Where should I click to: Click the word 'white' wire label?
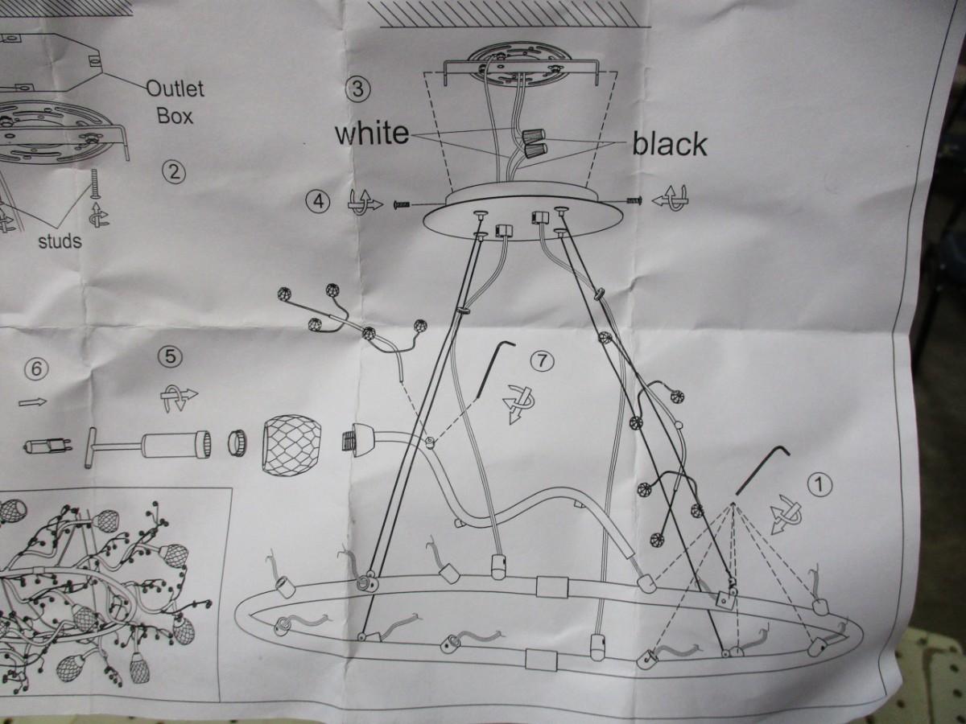coord(372,134)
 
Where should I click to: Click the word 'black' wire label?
coord(670,144)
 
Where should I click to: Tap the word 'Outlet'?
coord(175,89)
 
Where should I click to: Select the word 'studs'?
coord(60,241)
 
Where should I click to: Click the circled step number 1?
coord(819,485)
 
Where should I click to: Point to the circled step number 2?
coord(174,172)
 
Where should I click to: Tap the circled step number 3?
coord(357,89)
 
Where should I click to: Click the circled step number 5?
coord(171,357)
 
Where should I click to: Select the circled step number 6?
coord(36,368)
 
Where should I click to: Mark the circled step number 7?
coord(542,361)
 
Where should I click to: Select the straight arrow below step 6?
coord(32,401)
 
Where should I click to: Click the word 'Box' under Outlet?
coord(175,116)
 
